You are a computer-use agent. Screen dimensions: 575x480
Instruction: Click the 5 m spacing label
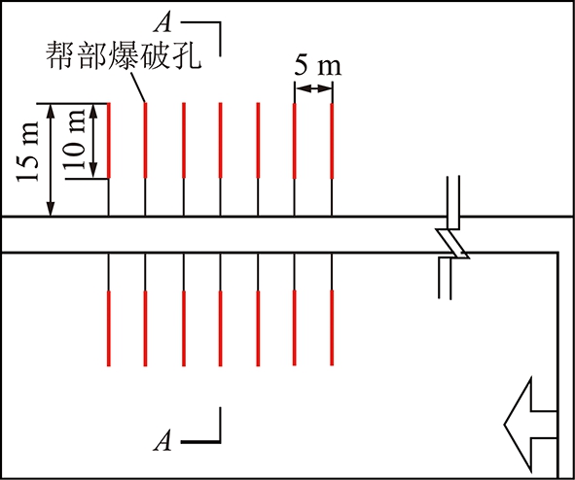click(318, 66)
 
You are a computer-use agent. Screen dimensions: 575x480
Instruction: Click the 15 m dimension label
click(27, 151)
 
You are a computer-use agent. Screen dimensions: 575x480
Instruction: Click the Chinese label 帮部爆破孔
click(124, 54)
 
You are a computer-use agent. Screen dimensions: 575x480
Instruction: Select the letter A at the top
click(162, 23)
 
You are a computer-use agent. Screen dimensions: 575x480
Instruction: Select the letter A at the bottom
click(162, 440)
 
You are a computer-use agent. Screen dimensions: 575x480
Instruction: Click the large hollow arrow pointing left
click(531, 425)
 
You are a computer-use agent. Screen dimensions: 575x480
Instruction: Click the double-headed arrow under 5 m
click(313, 88)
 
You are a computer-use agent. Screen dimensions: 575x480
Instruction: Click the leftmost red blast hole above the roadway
click(109, 141)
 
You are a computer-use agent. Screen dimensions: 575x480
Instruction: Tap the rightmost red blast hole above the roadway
click(332, 141)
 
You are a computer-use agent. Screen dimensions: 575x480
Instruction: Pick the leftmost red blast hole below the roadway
click(109, 328)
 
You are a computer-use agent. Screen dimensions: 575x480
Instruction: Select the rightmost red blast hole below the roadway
click(332, 328)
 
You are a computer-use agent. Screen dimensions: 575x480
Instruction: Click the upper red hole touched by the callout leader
click(145, 141)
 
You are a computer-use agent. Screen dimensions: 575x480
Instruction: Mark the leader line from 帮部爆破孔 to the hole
click(137, 86)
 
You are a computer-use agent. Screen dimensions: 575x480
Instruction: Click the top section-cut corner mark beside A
click(201, 39)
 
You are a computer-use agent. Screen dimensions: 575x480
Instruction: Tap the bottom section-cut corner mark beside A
click(201, 425)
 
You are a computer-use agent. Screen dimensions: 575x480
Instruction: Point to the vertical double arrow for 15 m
click(51, 160)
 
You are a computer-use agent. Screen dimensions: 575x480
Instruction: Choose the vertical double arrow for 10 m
click(93, 141)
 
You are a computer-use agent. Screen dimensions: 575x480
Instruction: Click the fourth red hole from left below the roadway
click(220, 328)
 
